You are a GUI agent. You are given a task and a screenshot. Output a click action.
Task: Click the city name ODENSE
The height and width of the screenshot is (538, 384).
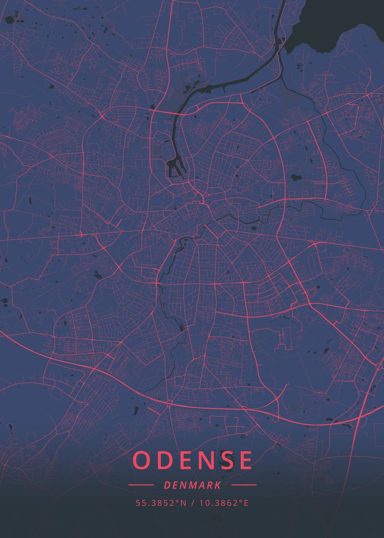point(192,460)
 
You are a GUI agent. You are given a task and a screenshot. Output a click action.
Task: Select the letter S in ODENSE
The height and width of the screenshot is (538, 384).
point(223,460)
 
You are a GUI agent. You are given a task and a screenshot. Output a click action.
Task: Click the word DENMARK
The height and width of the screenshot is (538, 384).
point(192,485)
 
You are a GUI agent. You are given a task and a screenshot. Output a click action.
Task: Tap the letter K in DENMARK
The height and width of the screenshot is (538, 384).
point(217,485)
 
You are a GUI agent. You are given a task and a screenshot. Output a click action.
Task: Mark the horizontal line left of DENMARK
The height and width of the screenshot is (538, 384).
point(141,485)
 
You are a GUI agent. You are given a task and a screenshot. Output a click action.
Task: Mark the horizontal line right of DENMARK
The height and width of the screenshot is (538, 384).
point(244,485)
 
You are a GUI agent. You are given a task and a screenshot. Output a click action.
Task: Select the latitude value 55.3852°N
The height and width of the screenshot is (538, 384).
point(161,503)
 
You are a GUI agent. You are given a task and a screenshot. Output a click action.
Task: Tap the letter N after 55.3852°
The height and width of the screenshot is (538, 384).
point(183,503)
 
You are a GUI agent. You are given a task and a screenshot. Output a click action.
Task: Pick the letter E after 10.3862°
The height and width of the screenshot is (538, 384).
point(246,503)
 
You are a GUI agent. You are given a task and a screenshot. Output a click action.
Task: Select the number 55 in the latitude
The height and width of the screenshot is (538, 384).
point(139,503)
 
